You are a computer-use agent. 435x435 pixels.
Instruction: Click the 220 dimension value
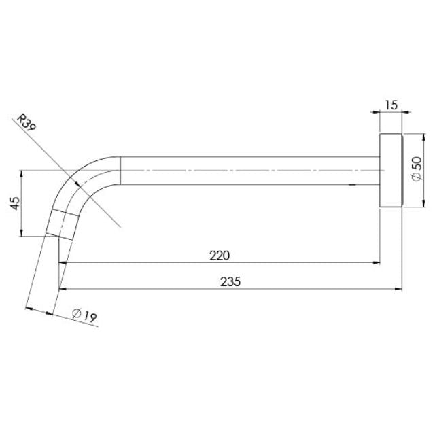pos(220,256)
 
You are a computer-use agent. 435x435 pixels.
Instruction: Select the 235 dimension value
pos(231,281)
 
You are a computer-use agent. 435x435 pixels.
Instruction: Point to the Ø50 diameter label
pos(417,168)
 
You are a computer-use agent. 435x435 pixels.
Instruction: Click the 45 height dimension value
pos(15,203)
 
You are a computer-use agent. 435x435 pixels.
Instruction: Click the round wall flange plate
pos(390,170)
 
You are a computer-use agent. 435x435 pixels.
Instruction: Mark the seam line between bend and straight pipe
pos(120,170)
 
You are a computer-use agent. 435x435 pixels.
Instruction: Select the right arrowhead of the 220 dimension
pos(375,262)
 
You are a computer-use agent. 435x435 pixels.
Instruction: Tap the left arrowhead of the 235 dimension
pos(63,288)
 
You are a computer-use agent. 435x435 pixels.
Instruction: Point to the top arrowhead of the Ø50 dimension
pos(404,137)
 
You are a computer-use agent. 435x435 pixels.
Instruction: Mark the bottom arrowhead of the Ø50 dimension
pos(404,202)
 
